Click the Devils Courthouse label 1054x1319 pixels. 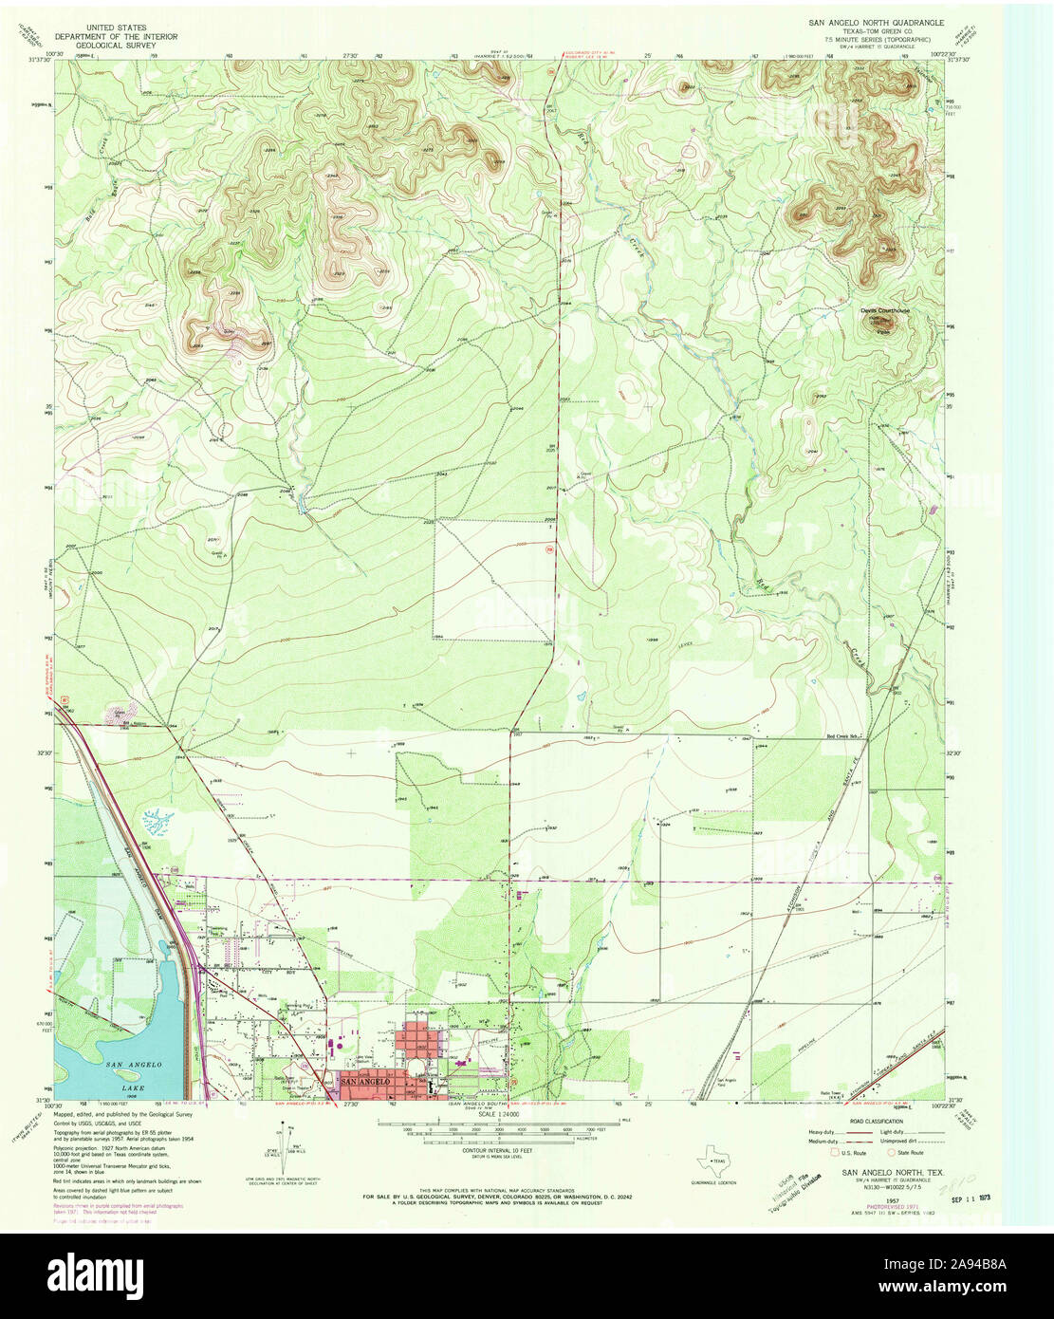(883, 310)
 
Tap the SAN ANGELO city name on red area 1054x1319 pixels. (362, 1082)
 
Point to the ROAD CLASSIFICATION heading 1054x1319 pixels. (877, 1120)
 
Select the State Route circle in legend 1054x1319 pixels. (890, 1152)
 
